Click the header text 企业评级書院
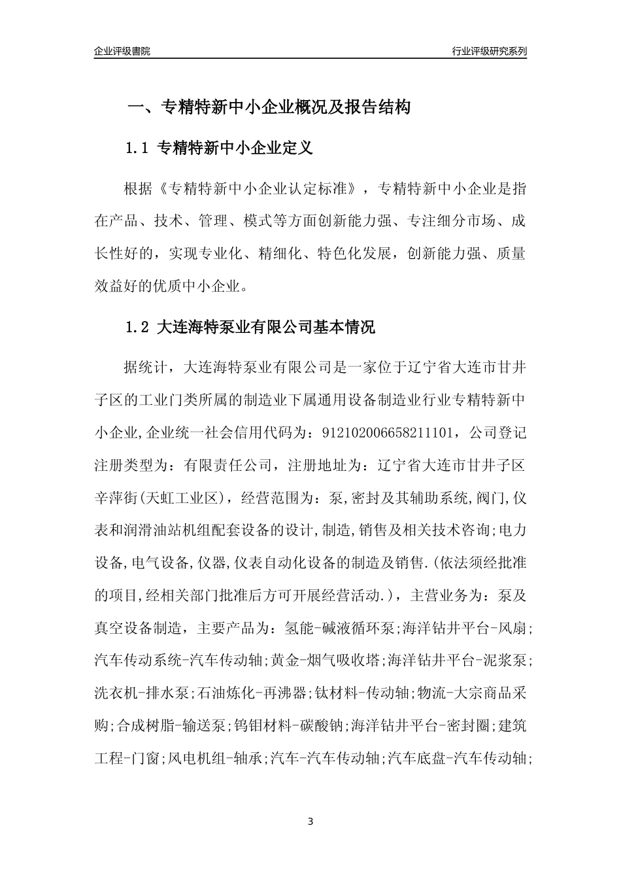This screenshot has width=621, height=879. coord(122,51)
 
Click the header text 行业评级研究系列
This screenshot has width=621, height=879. coord(489,51)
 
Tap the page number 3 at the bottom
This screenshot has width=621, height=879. coord(310,821)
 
